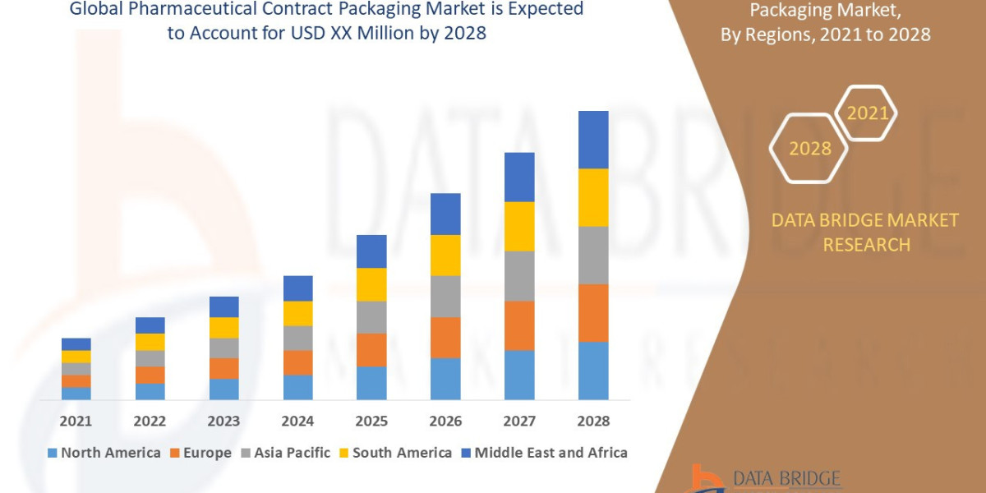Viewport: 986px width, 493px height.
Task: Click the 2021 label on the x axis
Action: click(x=76, y=421)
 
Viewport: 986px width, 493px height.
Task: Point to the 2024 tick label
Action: click(x=297, y=421)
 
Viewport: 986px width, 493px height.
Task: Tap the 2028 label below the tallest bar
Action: click(x=593, y=421)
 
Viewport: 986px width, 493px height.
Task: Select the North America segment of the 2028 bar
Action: click(x=593, y=371)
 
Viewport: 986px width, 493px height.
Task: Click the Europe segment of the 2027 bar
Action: click(x=519, y=325)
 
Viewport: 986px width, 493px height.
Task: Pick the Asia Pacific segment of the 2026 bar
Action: click(x=445, y=296)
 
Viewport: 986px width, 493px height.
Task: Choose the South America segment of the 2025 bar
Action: click(x=371, y=284)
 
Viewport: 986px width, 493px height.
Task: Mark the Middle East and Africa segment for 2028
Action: click(x=593, y=140)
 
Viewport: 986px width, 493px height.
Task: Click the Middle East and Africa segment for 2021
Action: click(x=76, y=343)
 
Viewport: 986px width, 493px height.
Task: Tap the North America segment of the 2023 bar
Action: click(x=223, y=389)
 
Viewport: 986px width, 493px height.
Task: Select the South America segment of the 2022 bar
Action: click(x=150, y=342)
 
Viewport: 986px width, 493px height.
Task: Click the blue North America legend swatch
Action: click(x=53, y=453)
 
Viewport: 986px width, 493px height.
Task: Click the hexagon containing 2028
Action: click(x=809, y=149)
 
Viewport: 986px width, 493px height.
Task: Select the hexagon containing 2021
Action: click(x=867, y=113)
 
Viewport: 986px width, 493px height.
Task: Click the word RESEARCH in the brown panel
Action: click(x=866, y=245)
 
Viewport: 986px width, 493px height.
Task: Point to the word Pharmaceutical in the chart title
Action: click(x=171, y=10)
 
